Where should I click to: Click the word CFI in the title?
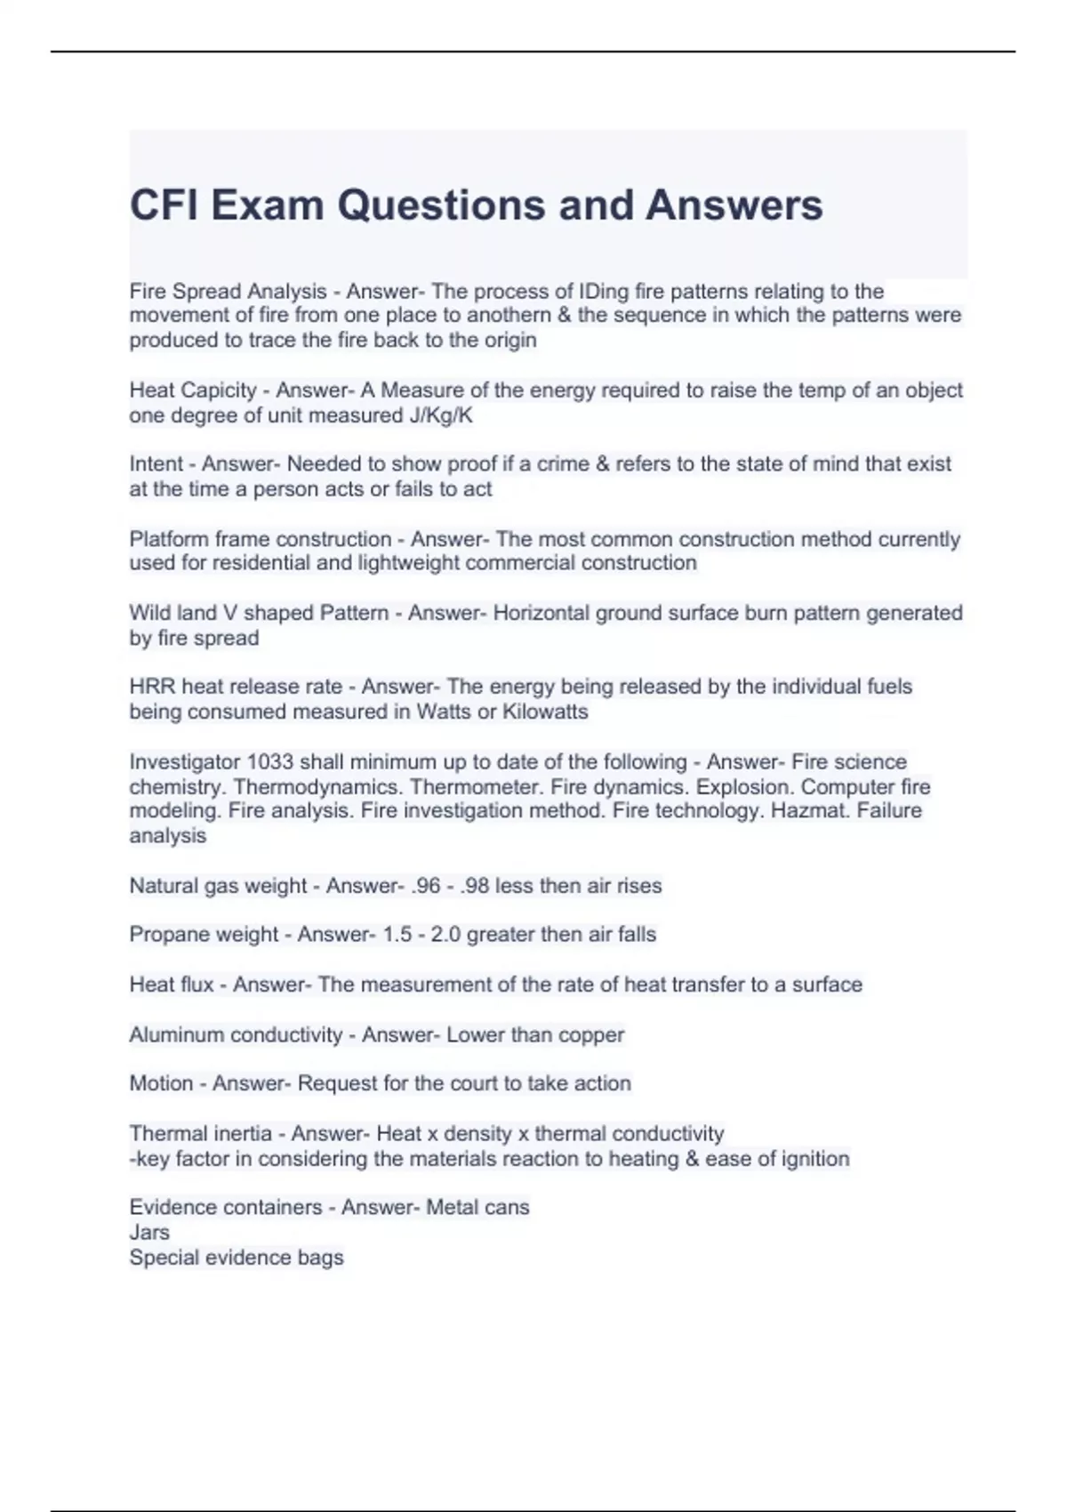(164, 205)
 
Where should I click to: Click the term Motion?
(161, 1083)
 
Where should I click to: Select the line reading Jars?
(149, 1233)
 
